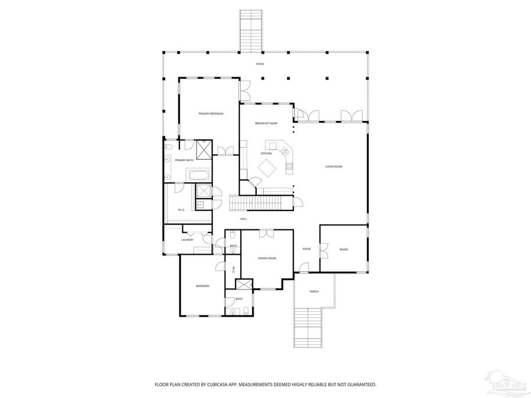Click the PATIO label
click(x=260, y=64)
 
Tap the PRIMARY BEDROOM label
click(x=211, y=113)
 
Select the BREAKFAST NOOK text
click(x=266, y=123)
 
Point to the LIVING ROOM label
click(x=333, y=167)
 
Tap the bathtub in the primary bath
click(x=198, y=175)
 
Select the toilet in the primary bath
click(x=168, y=146)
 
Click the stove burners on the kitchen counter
click(x=289, y=167)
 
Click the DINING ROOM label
click(x=267, y=258)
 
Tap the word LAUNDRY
click(x=188, y=240)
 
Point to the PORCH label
click(x=314, y=292)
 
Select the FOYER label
click(x=306, y=249)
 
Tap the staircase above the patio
click(x=251, y=31)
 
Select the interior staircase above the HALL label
click(x=261, y=204)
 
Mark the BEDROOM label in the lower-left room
click(x=202, y=286)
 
